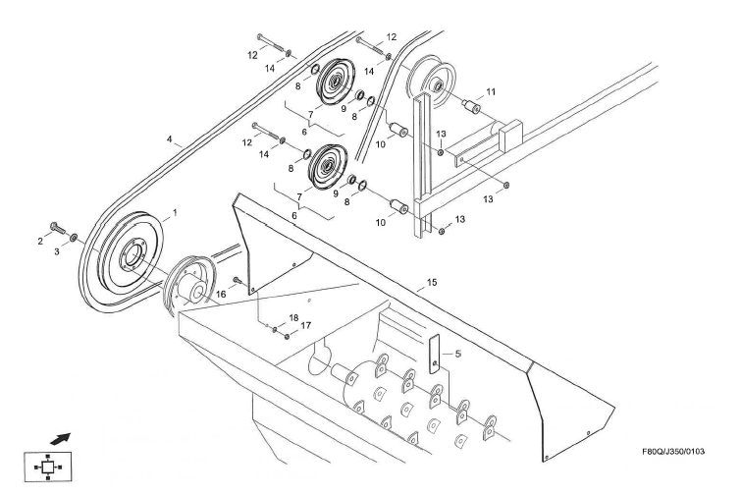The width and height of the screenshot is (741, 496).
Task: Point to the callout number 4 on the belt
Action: pyautogui.click(x=170, y=140)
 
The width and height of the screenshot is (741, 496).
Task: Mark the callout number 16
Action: pyautogui.click(x=221, y=293)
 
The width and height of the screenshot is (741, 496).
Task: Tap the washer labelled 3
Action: pyautogui.click(x=72, y=239)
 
